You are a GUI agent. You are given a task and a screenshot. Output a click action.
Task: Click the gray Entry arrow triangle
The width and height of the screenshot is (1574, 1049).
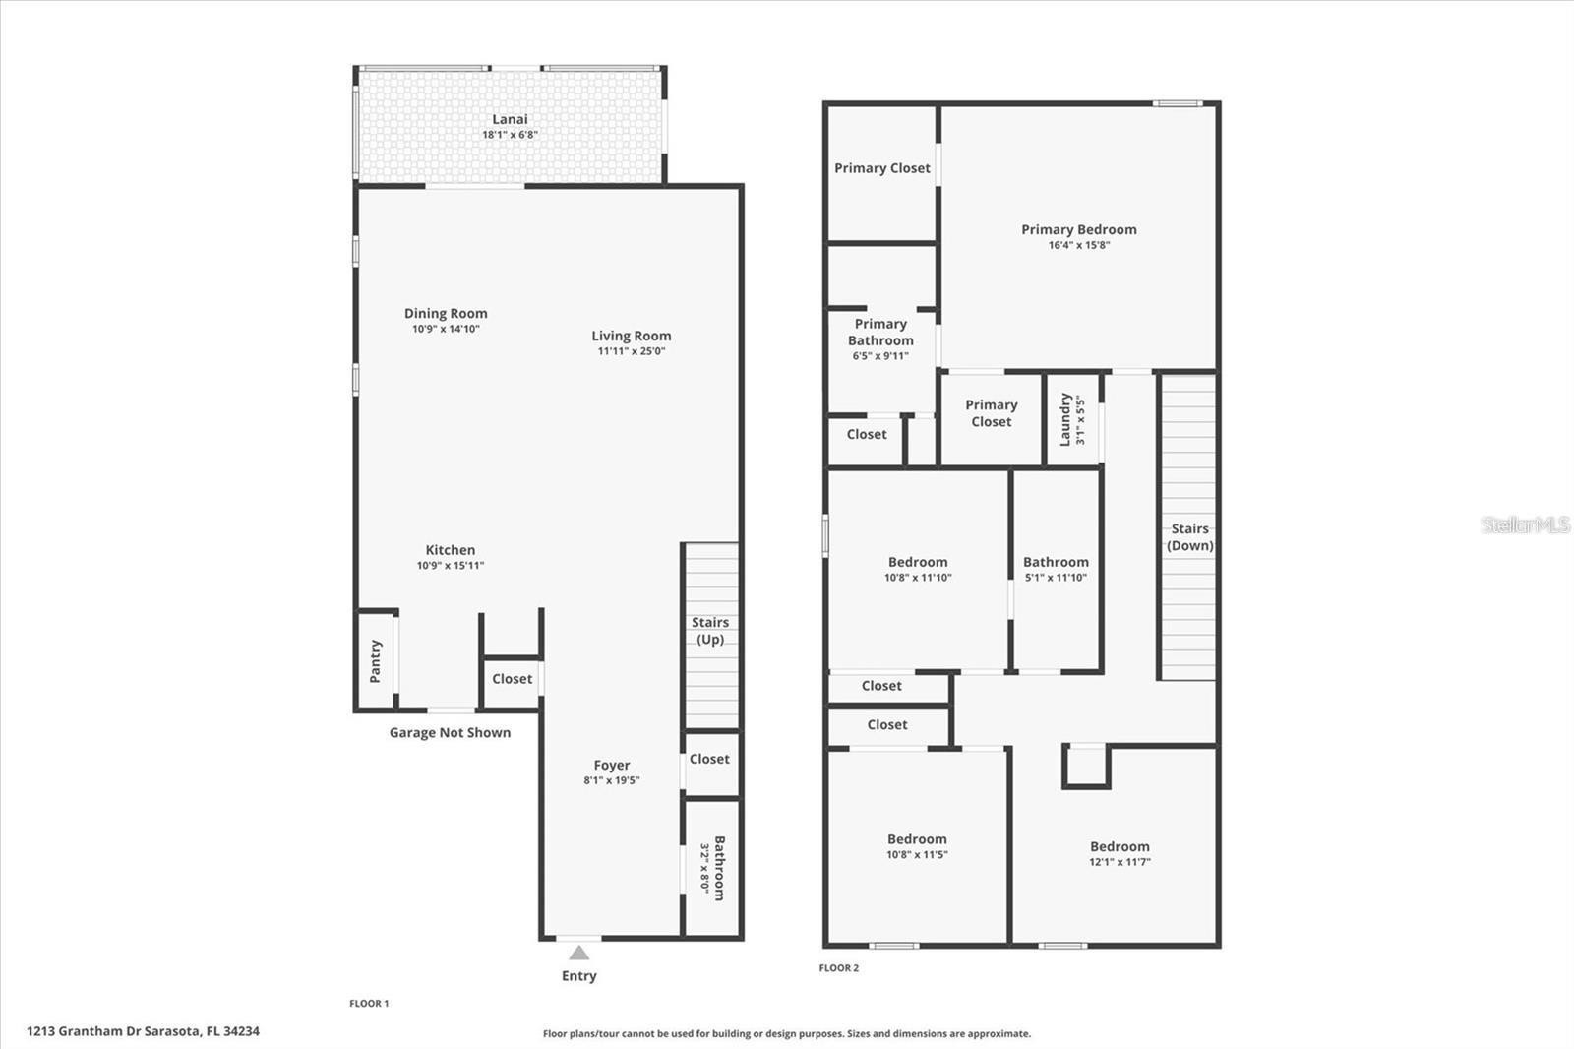[x=579, y=953]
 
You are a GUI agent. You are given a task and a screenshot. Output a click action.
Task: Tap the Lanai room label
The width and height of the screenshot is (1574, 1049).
[x=510, y=119]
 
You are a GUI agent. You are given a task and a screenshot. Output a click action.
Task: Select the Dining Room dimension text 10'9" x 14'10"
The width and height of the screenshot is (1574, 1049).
[x=446, y=329]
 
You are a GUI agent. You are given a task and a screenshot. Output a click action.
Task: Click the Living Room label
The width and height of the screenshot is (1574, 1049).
[x=631, y=337]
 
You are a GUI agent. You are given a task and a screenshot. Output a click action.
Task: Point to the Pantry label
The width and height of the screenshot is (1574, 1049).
[x=375, y=661]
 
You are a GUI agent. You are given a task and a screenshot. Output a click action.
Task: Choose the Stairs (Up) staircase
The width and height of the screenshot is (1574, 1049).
[x=712, y=636]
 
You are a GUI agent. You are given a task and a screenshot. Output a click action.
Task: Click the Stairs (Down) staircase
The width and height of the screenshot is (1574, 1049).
[x=1188, y=526]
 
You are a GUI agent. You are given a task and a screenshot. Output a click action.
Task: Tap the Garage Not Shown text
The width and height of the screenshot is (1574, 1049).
[x=450, y=732]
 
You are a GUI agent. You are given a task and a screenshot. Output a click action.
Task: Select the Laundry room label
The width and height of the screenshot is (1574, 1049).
[x=1065, y=419]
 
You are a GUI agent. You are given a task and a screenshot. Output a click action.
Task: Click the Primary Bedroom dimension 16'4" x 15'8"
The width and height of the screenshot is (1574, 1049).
[x=1078, y=245]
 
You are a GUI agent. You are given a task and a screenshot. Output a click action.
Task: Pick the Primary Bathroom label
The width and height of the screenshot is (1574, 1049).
[x=880, y=332]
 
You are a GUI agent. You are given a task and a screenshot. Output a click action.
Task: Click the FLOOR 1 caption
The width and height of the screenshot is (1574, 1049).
[x=369, y=1004]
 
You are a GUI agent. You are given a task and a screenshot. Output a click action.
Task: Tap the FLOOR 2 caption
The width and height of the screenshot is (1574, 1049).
[x=838, y=968]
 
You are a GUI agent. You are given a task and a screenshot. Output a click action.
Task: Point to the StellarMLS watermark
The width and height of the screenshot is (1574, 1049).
[x=1525, y=524]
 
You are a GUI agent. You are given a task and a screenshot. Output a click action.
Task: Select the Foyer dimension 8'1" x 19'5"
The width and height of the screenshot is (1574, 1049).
[x=611, y=780]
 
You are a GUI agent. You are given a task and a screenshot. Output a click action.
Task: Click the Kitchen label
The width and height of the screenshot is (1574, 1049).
[x=451, y=550]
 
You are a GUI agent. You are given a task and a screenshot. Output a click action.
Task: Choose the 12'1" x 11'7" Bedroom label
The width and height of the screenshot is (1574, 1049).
[x=1120, y=846]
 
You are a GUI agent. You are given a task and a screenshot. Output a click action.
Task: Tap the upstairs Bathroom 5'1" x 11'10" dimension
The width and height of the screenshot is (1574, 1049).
[x=1056, y=578]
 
